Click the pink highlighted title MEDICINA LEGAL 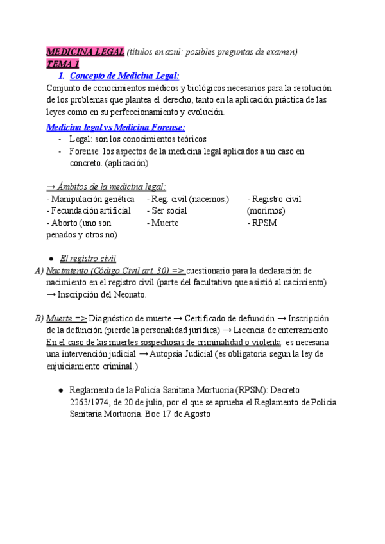pyautogui.click(x=86, y=52)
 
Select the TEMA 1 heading pyautogui.click(x=63, y=64)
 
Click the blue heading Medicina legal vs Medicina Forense pyautogui.click(x=116, y=127)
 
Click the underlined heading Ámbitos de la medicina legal pyautogui.click(x=107, y=187)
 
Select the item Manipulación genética pyautogui.click(x=91, y=199)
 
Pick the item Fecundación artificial pyautogui.click(x=89, y=210)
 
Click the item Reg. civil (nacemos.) pyautogui.click(x=188, y=199)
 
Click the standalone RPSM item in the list pyautogui.click(x=263, y=223)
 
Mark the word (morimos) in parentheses pyautogui.click(x=266, y=210)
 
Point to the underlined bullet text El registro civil pyautogui.click(x=87, y=259)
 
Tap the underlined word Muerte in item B pyautogui.click(x=60, y=319)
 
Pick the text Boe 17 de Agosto pyautogui.click(x=173, y=414)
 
